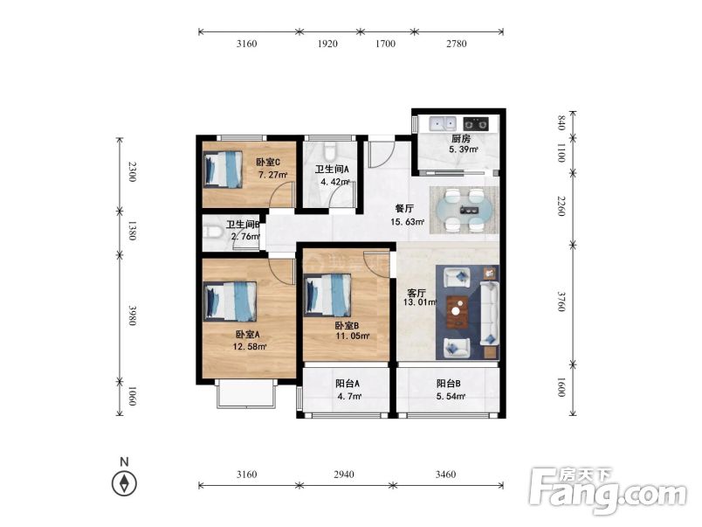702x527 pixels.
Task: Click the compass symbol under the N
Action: (x=124, y=483)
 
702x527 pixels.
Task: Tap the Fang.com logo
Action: (x=608, y=491)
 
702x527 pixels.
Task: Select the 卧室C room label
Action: (x=268, y=163)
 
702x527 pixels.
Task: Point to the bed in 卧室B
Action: (x=327, y=295)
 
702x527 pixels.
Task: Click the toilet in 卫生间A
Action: (x=330, y=151)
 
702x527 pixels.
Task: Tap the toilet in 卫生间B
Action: (x=213, y=232)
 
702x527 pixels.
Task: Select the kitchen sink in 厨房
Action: (x=443, y=123)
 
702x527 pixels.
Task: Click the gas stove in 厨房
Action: (x=476, y=122)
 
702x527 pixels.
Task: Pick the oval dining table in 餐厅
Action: (x=464, y=209)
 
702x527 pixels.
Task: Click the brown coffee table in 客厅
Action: (x=458, y=311)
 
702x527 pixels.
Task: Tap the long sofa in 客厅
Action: (x=490, y=313)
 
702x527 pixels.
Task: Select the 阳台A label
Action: (x=348, y=384)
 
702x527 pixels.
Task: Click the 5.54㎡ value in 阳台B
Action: (x=451, y=396)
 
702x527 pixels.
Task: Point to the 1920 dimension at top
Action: (x=327, y=44)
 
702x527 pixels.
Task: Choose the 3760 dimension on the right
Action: (x=561, y=302)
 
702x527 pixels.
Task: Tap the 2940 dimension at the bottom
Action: (x=344, y=474)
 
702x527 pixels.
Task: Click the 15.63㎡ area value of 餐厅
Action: (x=407, y=221)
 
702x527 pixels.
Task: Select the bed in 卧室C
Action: (x=223, y=169)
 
